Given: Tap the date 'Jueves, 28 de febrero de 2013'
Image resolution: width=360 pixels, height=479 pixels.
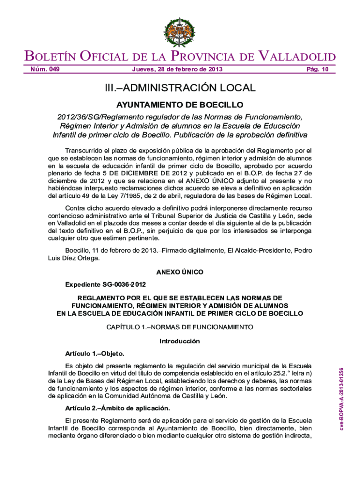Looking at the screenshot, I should tap(177, 70).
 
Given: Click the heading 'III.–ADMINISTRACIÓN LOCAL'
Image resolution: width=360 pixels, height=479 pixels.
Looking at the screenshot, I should tap(180, 87).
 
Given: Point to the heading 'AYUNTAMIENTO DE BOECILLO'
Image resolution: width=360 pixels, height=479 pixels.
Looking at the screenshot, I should tap(180, 104).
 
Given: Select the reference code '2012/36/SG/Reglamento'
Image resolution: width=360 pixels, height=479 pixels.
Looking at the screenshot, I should tap(96, 116).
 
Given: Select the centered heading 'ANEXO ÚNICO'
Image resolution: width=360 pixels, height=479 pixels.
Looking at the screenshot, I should tap(180, 272).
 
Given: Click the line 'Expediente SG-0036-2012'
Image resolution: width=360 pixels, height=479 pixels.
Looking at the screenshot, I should tap(106, 284).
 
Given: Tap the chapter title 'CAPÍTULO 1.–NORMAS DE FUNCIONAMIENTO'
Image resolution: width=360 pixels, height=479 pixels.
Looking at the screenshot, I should tap(180, 326).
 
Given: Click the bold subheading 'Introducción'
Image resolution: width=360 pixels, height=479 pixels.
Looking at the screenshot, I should tap(180, 341).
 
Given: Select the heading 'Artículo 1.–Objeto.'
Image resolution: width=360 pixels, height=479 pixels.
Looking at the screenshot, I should tap(95, 353).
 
